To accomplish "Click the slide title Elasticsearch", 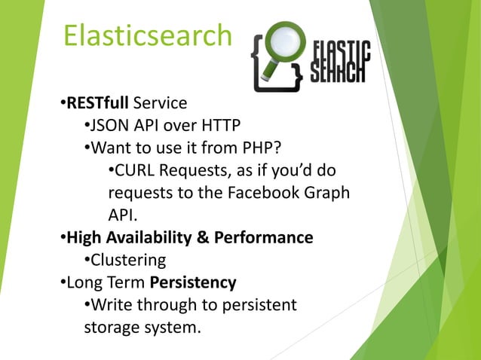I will click(x=147, y=35).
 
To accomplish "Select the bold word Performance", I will click(x=263, y=238).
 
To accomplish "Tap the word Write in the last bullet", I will click(x=110, y=305).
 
